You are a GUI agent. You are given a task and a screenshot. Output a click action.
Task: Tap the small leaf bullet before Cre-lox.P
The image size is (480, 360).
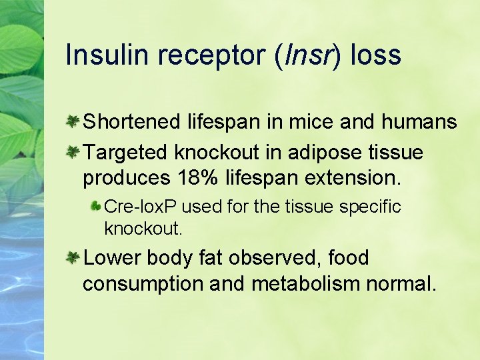pos(97,207)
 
